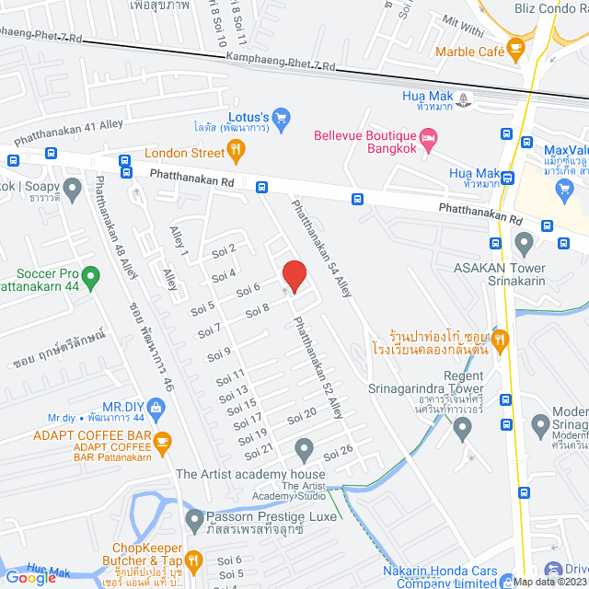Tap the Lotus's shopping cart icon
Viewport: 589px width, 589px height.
click(x=283, y=117)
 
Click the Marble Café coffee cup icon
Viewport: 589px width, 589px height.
click(x=515, y=46)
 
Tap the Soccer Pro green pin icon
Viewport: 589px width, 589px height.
click(x=90, y=275)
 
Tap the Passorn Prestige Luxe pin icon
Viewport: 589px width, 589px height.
click(x=194, y=521)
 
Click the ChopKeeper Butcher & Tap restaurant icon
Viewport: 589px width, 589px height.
click(x=193, y=560)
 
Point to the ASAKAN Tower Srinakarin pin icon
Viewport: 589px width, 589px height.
click(x=525, y=244)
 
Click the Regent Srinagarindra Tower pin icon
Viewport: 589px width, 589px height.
click(x=463, y=425)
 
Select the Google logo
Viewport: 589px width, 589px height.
click(x=30, y=577)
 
